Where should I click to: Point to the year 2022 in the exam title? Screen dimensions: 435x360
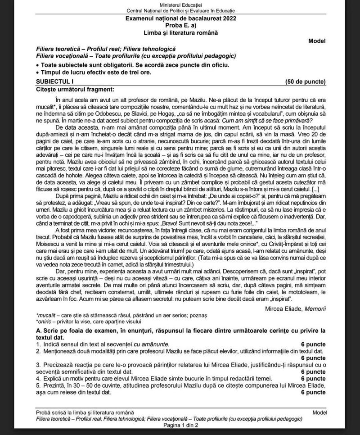(228, 18)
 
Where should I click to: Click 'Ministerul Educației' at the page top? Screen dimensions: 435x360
(180, 4)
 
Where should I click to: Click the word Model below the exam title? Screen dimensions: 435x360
(317, 41)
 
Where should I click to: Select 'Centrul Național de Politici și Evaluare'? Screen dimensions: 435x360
(180, 10)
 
